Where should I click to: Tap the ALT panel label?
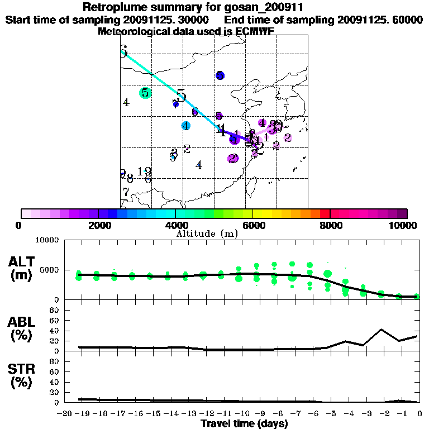click(20, 262)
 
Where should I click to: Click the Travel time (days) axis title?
click(244, 424)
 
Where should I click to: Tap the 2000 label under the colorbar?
click(98, 225)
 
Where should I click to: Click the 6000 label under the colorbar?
click(252, 225)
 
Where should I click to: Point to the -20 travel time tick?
click(65, 414)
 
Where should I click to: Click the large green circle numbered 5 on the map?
click(145, 93)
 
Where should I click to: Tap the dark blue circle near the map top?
click(220, 75)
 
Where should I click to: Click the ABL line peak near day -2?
click(381, 330)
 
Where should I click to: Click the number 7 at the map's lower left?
click(126, 192)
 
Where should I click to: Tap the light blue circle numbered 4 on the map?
click(186, 126)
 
